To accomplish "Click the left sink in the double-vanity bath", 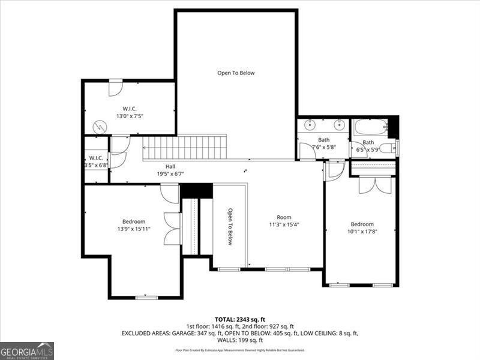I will pos(310,125).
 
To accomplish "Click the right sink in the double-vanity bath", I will pos(339,125).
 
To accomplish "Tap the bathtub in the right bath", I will pos(370,127).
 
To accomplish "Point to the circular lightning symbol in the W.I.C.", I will pos(100,127).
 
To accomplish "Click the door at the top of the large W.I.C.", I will pos(115,88).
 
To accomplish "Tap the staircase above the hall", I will pos(185,148).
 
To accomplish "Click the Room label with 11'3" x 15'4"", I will pos(284,221).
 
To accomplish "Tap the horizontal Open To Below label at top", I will pos(236,73).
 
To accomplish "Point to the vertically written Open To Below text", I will pos(229,227).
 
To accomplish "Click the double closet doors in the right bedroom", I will pos(375,185).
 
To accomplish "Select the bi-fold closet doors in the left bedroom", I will pos(173,229).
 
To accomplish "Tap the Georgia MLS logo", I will pos(27,350).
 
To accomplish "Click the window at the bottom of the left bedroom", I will pos(146,297).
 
